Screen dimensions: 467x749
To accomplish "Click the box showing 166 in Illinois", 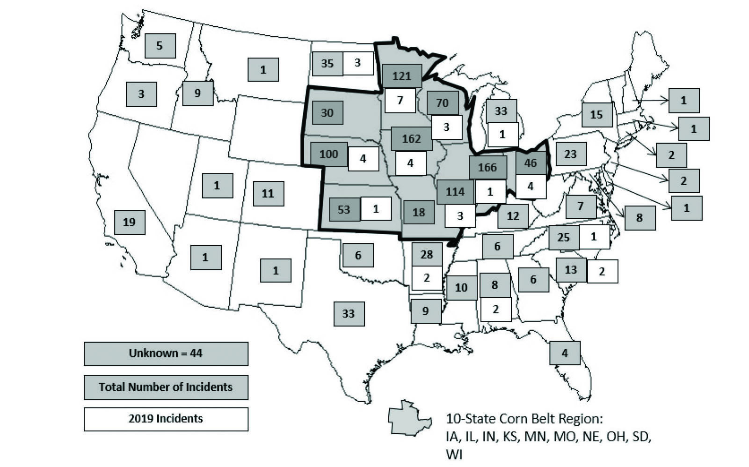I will point(487,167).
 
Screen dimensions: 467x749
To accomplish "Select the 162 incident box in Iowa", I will point(411,139).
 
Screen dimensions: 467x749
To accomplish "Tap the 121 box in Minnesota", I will point(402,76).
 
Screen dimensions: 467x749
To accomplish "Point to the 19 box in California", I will point(130,222).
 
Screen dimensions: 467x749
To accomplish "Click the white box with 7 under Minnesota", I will point(400,100).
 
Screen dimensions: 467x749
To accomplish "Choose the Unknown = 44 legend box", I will point(166,353).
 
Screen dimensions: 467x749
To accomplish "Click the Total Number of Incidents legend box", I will point(166,387).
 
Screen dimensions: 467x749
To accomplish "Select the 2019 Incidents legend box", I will point(166,418).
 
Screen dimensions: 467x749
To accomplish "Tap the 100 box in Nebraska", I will point(329,154).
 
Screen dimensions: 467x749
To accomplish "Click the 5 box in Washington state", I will point(160,45).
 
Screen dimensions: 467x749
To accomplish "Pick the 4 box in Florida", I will point(565,352).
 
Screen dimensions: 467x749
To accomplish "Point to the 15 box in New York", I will point(596,114).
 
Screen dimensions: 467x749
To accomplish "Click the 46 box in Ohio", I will point(531,163).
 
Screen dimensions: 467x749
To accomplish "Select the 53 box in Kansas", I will point(344,209).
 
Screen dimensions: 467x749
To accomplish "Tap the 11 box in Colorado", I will point(268,193).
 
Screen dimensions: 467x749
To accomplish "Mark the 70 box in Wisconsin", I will point(442,103).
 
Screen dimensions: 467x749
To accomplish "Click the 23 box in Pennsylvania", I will point(570,154).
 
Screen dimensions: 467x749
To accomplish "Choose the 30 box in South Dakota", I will point(327,113).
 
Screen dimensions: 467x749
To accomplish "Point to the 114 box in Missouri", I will point(455,191).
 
